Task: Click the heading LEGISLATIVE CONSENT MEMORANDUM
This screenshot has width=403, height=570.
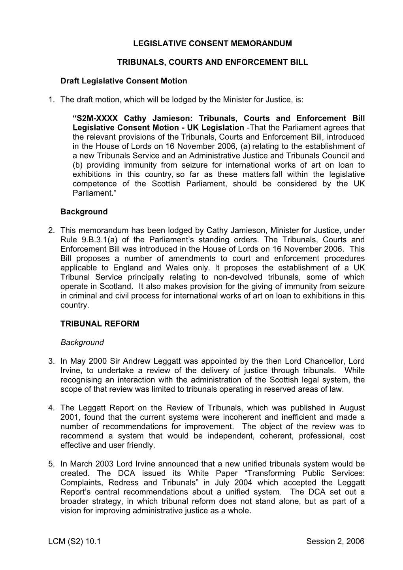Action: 213,44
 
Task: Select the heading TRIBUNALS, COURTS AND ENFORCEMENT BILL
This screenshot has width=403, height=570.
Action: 213,62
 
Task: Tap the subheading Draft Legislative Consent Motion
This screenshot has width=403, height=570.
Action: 124,81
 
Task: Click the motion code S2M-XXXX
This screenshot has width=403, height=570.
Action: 95,119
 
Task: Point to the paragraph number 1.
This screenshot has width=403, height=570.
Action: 51,100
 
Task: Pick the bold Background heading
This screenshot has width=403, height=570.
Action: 84,212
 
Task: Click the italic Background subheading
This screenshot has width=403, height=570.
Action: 82,343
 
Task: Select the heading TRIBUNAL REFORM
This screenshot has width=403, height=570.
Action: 100,324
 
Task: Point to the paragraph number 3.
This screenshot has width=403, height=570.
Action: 51,361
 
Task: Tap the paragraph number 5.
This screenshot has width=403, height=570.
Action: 51,464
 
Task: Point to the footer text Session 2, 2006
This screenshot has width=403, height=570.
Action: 335,542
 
